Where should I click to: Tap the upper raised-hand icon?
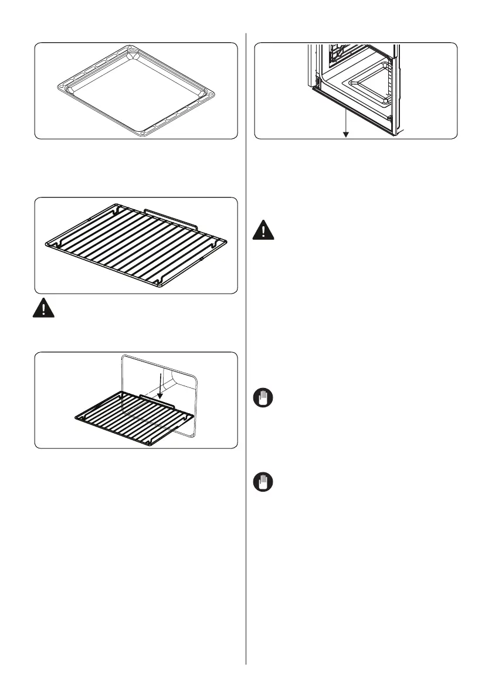click(263, 398)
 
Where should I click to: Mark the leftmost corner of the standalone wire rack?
click(46, 242)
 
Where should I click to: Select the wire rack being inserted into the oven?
click(132, 417)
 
